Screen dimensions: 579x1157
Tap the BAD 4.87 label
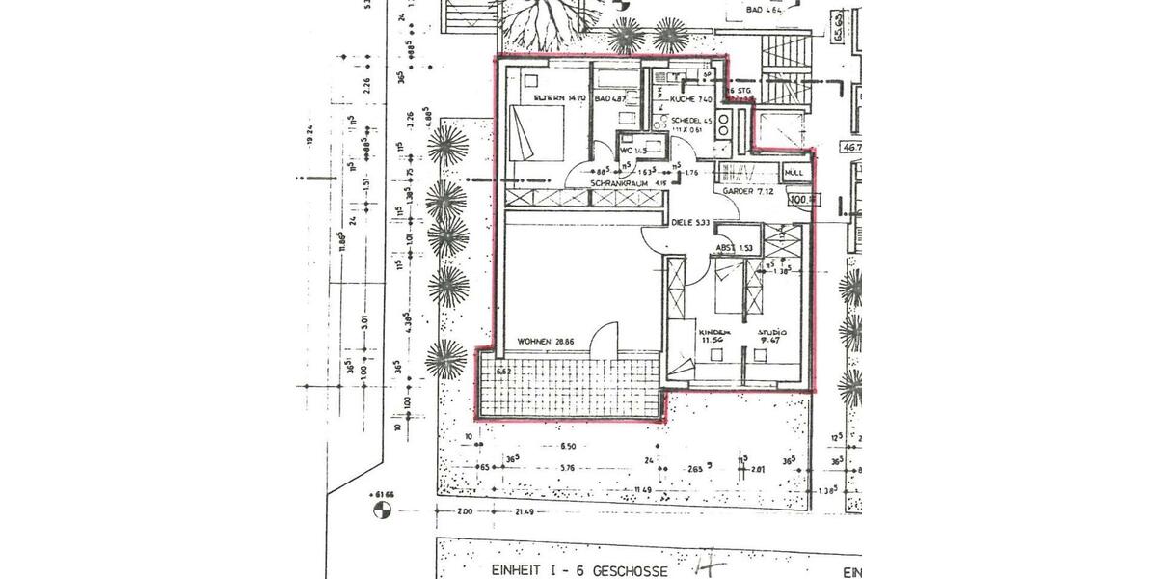coord(610,98)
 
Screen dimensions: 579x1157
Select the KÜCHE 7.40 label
coord(690,98)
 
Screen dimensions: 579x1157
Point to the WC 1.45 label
coord(632,151)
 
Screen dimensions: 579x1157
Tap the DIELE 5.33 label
coord(690,223)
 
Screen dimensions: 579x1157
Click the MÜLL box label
coord(794,173)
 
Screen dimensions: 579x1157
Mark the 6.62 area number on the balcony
coord(502,370)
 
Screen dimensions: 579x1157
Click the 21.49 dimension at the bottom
coord(525,512)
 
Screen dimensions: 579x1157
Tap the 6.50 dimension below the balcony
coord(568,447)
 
